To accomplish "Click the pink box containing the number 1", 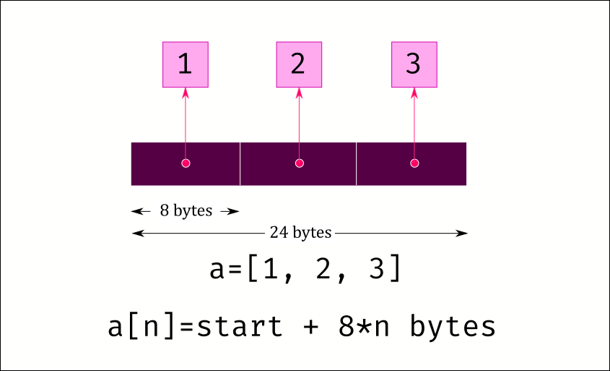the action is point(186,64).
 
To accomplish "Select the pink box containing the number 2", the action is point(299,64).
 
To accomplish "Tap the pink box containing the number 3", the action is point(414,64).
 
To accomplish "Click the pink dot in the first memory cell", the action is point(186,163).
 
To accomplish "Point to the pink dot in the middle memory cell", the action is point(299,163).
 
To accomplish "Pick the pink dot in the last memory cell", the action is point(414,163).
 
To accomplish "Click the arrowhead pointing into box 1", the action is point(186,93).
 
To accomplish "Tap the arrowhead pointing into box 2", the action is point(299,93).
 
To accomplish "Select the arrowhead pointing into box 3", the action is point(414,93).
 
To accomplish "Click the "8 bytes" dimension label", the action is point(186,211).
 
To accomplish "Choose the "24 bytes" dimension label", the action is point(300,233).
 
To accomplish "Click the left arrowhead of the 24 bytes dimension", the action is point(138,234).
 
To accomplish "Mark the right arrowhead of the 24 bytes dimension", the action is point(461,234).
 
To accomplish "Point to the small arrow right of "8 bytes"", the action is point(230,212).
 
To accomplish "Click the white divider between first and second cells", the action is point(240,163).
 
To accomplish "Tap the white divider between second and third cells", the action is point(356,163).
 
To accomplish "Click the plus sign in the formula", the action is point(310,327).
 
